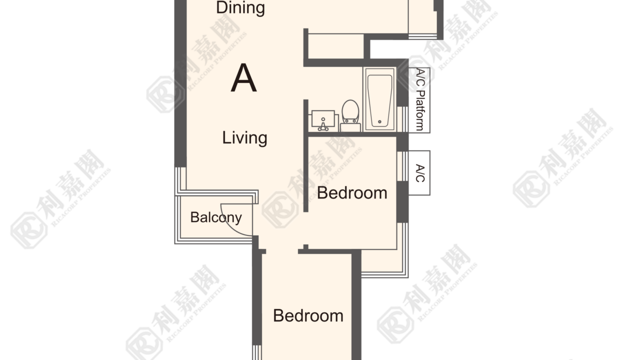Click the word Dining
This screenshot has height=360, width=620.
(240, 7)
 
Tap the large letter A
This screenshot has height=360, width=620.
(243, 78)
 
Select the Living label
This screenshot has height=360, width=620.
(244, 138)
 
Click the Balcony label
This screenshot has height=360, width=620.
(216, 217)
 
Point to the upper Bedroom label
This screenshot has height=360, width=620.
(352, 193)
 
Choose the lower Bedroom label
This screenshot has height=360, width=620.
(308, 315)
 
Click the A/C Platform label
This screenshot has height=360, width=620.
(420, 99)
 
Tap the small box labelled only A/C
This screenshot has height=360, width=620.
(419, 173)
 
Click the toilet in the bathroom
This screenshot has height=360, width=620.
(350, 115)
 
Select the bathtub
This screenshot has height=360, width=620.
(380, 99)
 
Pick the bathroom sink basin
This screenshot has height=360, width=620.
(323, 119)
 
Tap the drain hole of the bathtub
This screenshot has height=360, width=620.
(380, 122)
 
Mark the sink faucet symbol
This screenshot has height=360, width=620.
(323, 124)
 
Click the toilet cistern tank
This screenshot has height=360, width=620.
(350, 127)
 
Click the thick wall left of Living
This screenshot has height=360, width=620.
(180, 83)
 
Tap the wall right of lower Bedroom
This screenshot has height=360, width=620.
(356, 305)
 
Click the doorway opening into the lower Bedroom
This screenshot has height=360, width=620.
(282, 251)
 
